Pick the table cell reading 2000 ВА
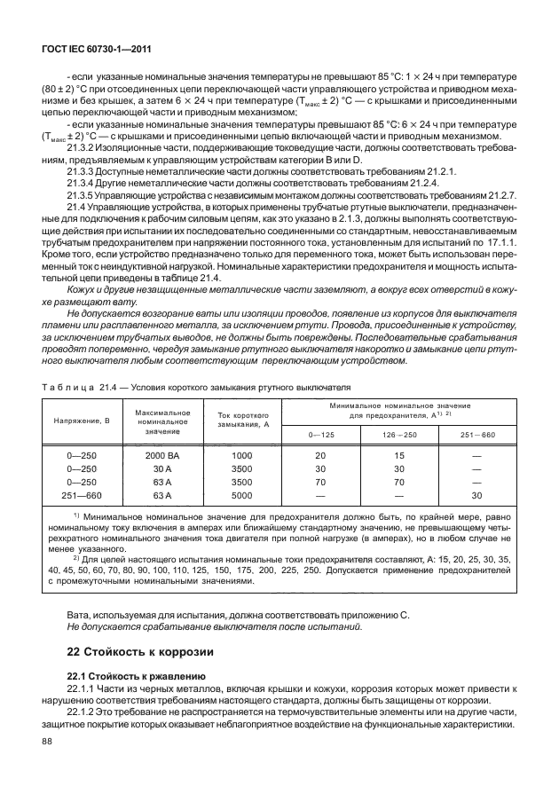162,455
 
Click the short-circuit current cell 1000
241,455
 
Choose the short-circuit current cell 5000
241,495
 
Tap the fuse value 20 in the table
320,455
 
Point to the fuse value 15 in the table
398,455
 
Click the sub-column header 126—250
398,433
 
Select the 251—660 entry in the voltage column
82,495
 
